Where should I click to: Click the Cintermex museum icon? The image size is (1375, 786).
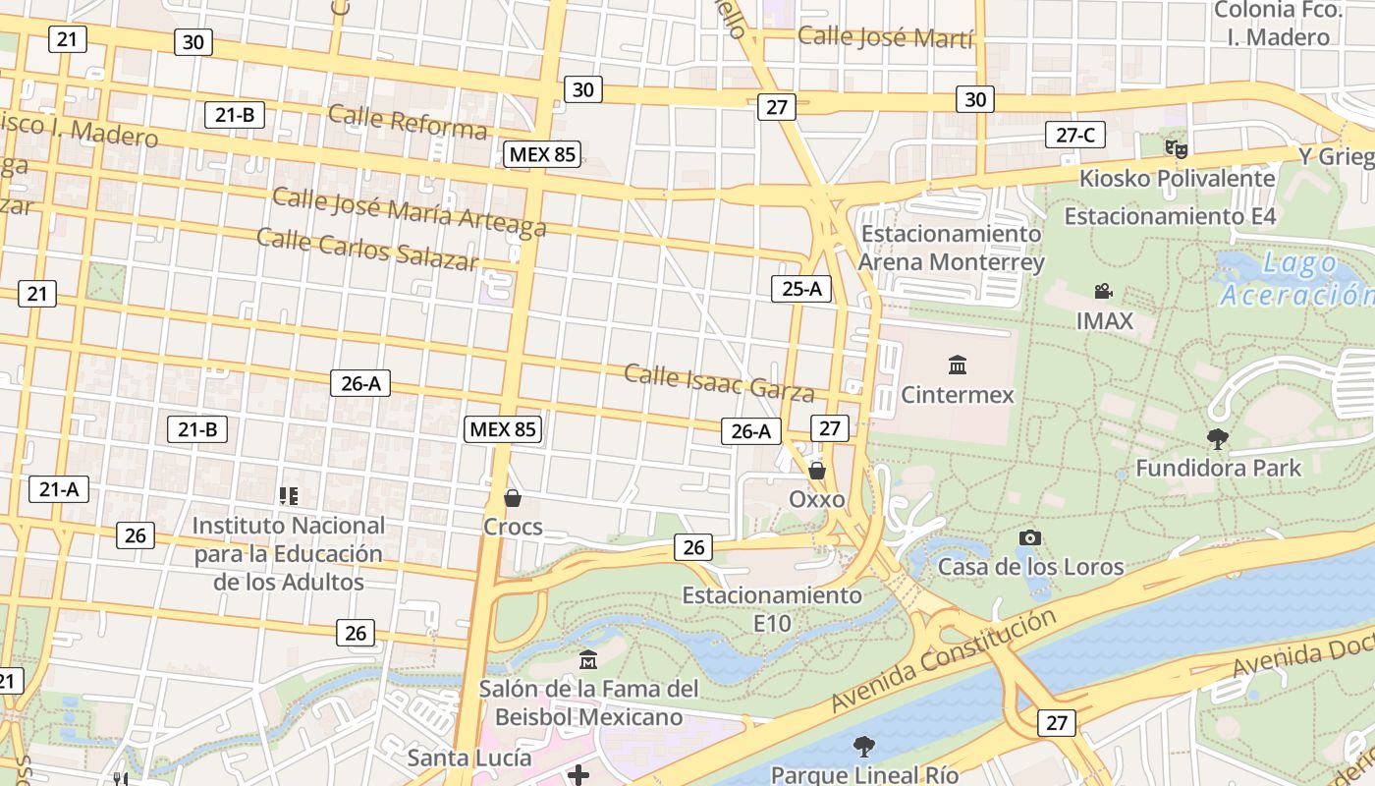click(957, 365)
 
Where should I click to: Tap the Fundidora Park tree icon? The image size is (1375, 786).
click(1218, 438)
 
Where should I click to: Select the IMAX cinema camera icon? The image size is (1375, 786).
click(1104, 291)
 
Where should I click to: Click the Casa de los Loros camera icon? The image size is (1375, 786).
click(1029, 537)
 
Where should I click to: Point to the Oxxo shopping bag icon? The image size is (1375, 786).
click(816, 471)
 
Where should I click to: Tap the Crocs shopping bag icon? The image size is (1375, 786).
click(512, 498)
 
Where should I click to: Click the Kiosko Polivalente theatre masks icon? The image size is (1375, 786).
click(1177, 149)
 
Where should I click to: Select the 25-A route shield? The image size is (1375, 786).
click(801, 288)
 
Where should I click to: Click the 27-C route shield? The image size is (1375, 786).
click(1074, 135)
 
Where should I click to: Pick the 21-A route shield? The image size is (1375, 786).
click(59, 488)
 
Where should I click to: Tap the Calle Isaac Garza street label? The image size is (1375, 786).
click(719, 382)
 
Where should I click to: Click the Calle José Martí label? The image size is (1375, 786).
click(885, 37)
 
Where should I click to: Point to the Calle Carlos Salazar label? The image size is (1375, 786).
click(367, 248)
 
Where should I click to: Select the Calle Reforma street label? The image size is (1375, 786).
click(408, 122)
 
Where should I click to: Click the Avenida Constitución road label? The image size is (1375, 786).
click(943, 660)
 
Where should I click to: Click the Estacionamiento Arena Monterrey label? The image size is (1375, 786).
click(950, 249)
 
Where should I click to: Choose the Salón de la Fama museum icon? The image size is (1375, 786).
click(588, 658)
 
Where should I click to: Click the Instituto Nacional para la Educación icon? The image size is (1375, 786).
click(288, 496)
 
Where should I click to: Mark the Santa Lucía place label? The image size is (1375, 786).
click(469, 758)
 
